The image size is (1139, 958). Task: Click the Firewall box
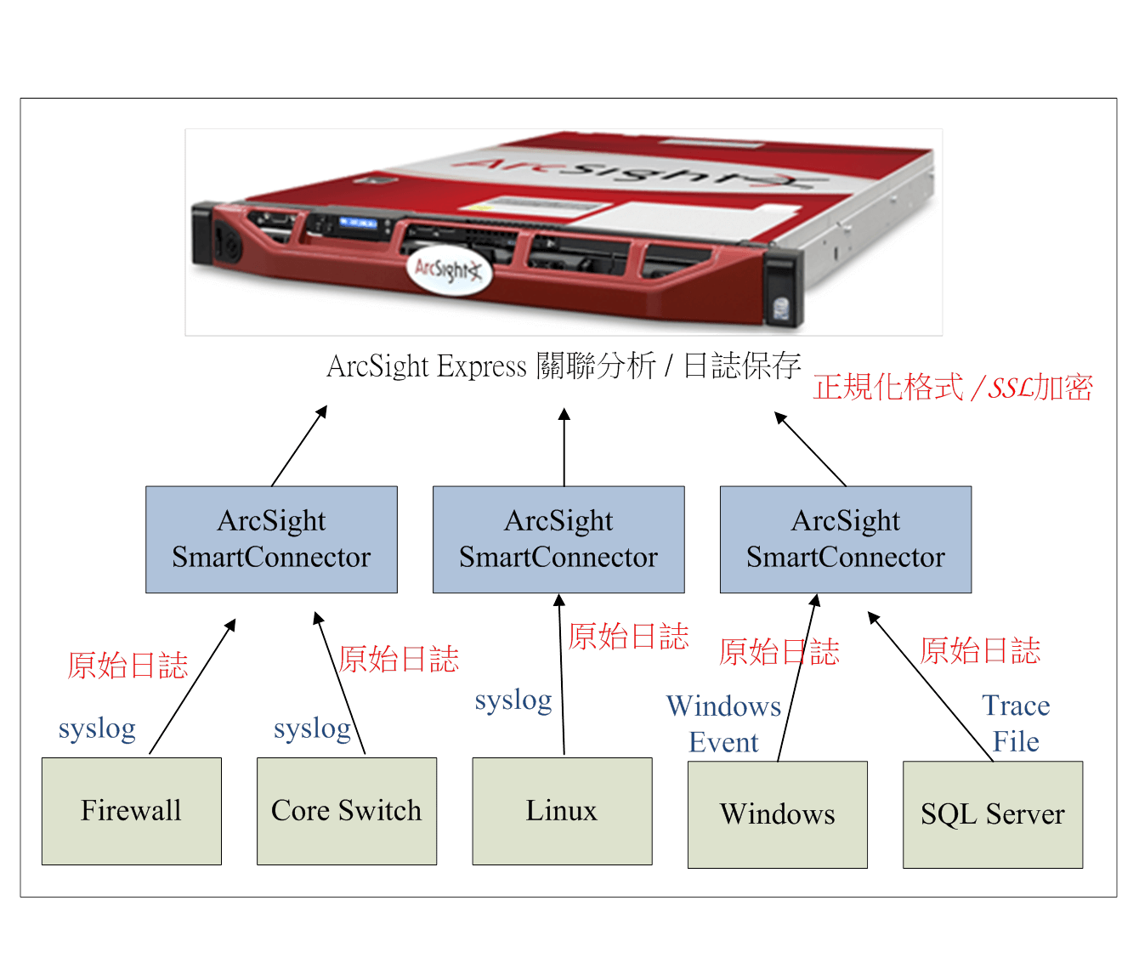(131, 811)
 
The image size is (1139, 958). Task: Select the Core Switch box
(347, 811)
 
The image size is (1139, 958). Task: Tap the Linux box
(562, 811)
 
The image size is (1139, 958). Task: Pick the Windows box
(777, 814)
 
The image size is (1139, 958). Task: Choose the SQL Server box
(992, 814)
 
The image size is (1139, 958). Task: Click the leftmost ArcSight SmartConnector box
(271, 539)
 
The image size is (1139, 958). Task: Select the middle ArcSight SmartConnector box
(558, 539)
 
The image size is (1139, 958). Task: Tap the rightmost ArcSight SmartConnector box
(845, 539)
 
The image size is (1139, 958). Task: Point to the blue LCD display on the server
(358, 223)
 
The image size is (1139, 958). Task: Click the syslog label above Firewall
(97, 728)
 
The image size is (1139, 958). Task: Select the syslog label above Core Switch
(312, 728)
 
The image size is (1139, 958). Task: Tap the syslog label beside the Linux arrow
(513, 700)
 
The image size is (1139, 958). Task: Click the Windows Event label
(723, 723)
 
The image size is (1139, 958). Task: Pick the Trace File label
(1016, 723)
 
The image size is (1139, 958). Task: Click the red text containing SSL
(953, 388)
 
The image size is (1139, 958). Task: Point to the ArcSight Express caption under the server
(564, 366)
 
